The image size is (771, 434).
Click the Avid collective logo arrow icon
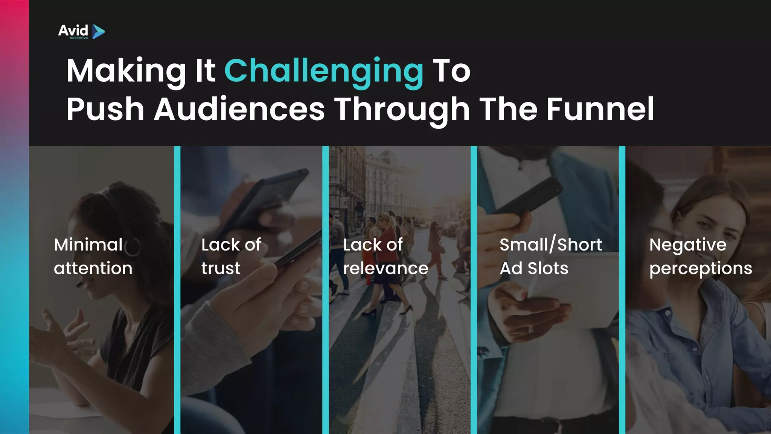98,32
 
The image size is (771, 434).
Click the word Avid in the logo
73,30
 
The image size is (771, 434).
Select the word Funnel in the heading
600,109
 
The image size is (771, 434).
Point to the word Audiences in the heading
239,109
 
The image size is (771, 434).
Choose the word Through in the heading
402,109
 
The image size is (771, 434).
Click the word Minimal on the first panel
88,245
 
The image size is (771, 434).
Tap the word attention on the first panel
93,268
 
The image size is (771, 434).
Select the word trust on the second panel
221,268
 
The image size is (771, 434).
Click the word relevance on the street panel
385,268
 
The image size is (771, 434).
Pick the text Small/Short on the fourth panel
551,245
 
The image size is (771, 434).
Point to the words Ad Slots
534,268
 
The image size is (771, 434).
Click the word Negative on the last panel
688,245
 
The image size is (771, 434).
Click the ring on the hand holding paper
531,329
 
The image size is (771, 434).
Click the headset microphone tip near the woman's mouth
79,285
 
